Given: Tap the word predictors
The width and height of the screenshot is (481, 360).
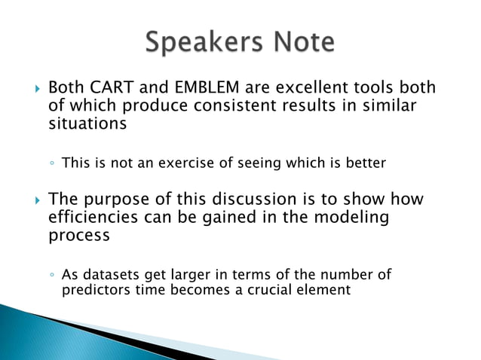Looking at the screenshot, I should pos(94,288).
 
